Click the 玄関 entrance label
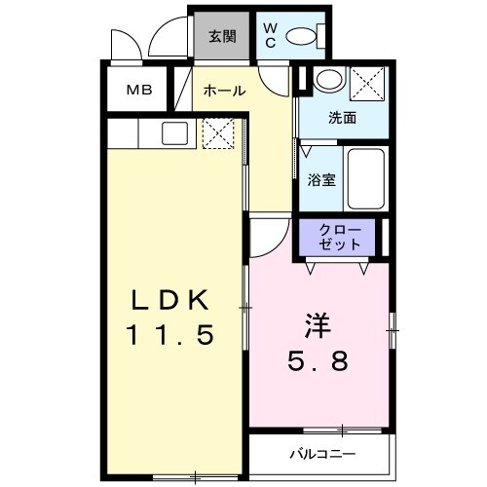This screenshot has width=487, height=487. [x=222, y=37]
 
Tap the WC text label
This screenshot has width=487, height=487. [x=270, y=36]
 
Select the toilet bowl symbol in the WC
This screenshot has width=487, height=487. [x=306, y=38]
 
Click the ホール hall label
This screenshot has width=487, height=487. [x=223, y=92]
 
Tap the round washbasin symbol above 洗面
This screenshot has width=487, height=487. [x=328, y=81]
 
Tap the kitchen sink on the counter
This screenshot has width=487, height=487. [x=174, y=133]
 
